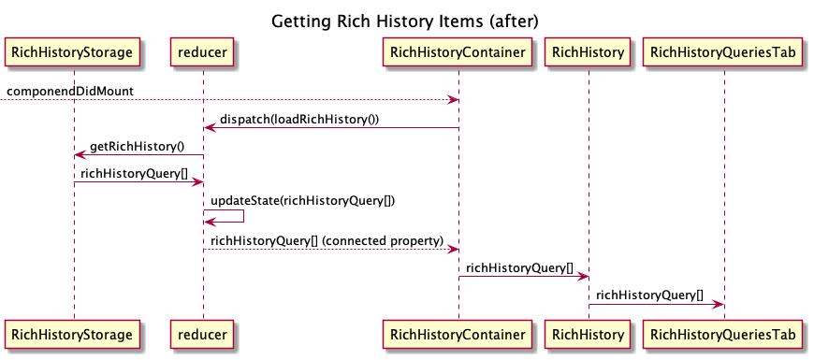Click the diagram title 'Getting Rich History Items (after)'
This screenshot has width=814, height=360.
(406, 21)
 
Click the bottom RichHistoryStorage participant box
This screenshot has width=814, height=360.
(74, 332)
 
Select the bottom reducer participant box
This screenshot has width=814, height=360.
(203, 332)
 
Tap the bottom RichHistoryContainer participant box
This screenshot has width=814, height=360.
(458, 332)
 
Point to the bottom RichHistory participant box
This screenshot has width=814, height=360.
(589, 332)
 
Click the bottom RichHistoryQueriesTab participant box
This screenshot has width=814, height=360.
(724, 332)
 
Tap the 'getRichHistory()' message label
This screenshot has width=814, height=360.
(138, 147)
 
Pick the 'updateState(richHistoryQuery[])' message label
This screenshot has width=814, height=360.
(297, 201)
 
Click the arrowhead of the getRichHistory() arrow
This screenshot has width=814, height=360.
(80, 155)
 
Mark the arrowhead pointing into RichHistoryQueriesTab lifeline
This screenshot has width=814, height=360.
(719, 304)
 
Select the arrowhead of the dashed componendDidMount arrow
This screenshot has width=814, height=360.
(453, 99)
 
